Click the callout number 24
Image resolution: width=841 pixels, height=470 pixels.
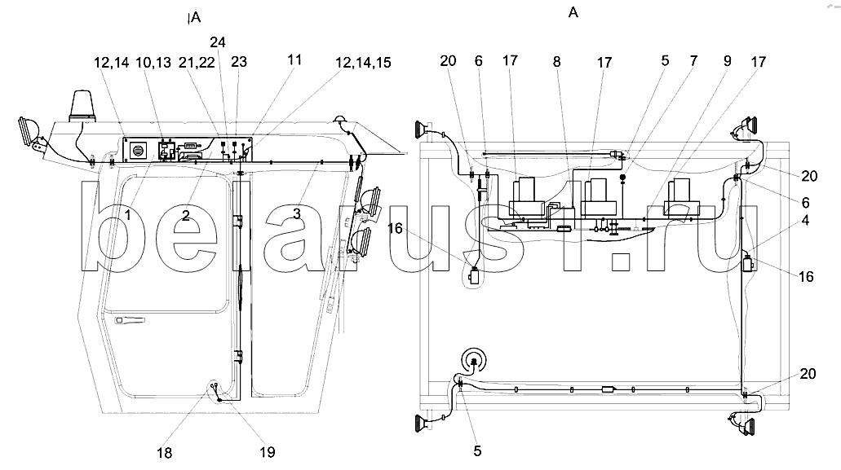[x=218, y=42]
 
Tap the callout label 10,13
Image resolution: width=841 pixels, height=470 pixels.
[x=153, y=63]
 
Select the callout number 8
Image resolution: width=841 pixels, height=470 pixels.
[x=556, y=60]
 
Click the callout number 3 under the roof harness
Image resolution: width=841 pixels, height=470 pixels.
[x=296, y=213]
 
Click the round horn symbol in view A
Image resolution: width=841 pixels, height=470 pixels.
[x=474, y=359]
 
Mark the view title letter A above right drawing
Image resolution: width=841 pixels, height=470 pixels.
[x=574, y=12]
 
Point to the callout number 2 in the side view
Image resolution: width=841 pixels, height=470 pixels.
[x=186, y=215]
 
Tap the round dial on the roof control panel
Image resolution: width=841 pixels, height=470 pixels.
[x=138, y=150]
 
